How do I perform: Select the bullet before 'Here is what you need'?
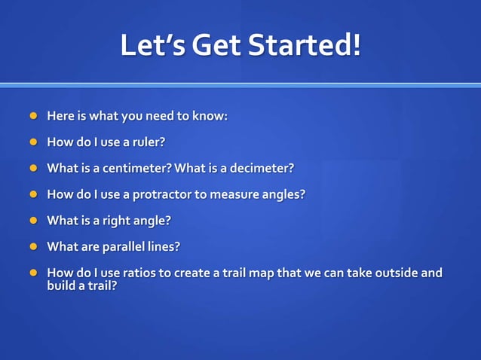pos(32,116)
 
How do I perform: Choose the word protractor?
pos(162,194)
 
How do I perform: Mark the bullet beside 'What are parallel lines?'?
pos(32,246)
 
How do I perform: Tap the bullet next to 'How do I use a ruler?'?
pos(32,142)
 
